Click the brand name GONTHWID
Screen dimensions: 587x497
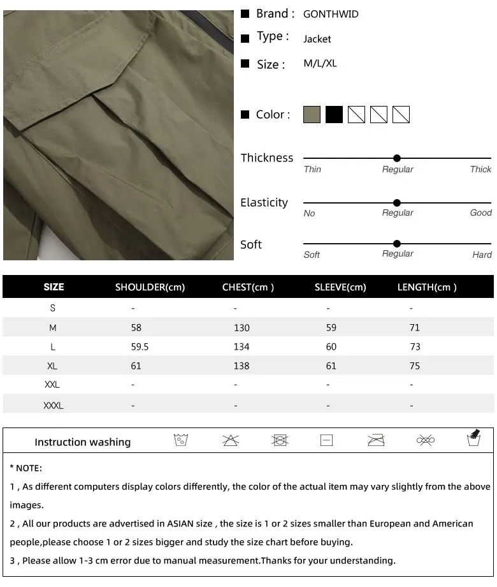pos(331,14)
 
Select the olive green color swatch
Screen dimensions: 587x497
pos(312,115)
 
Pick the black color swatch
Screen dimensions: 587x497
pos(334,115)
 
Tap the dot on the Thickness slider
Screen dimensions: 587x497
pos(397,158)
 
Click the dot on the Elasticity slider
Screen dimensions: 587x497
pos(397,203)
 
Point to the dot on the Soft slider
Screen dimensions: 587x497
pos(397,244)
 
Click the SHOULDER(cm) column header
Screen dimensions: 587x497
pos(150,287)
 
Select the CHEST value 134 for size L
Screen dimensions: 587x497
pos(241,347)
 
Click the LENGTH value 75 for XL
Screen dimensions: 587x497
pos(415,366)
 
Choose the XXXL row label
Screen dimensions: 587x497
pos(53,405)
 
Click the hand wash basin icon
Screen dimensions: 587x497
pos(473,439)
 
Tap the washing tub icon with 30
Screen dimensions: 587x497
pos(181,440)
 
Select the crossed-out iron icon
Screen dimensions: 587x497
pos(376,440)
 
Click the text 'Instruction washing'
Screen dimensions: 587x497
pos(82,442)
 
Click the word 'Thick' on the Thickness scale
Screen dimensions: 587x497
pos(480,170)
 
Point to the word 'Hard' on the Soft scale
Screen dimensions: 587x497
pos(482,255)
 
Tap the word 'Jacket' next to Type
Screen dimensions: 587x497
pos(317,40)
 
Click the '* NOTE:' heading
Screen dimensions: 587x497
pos(26,468)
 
